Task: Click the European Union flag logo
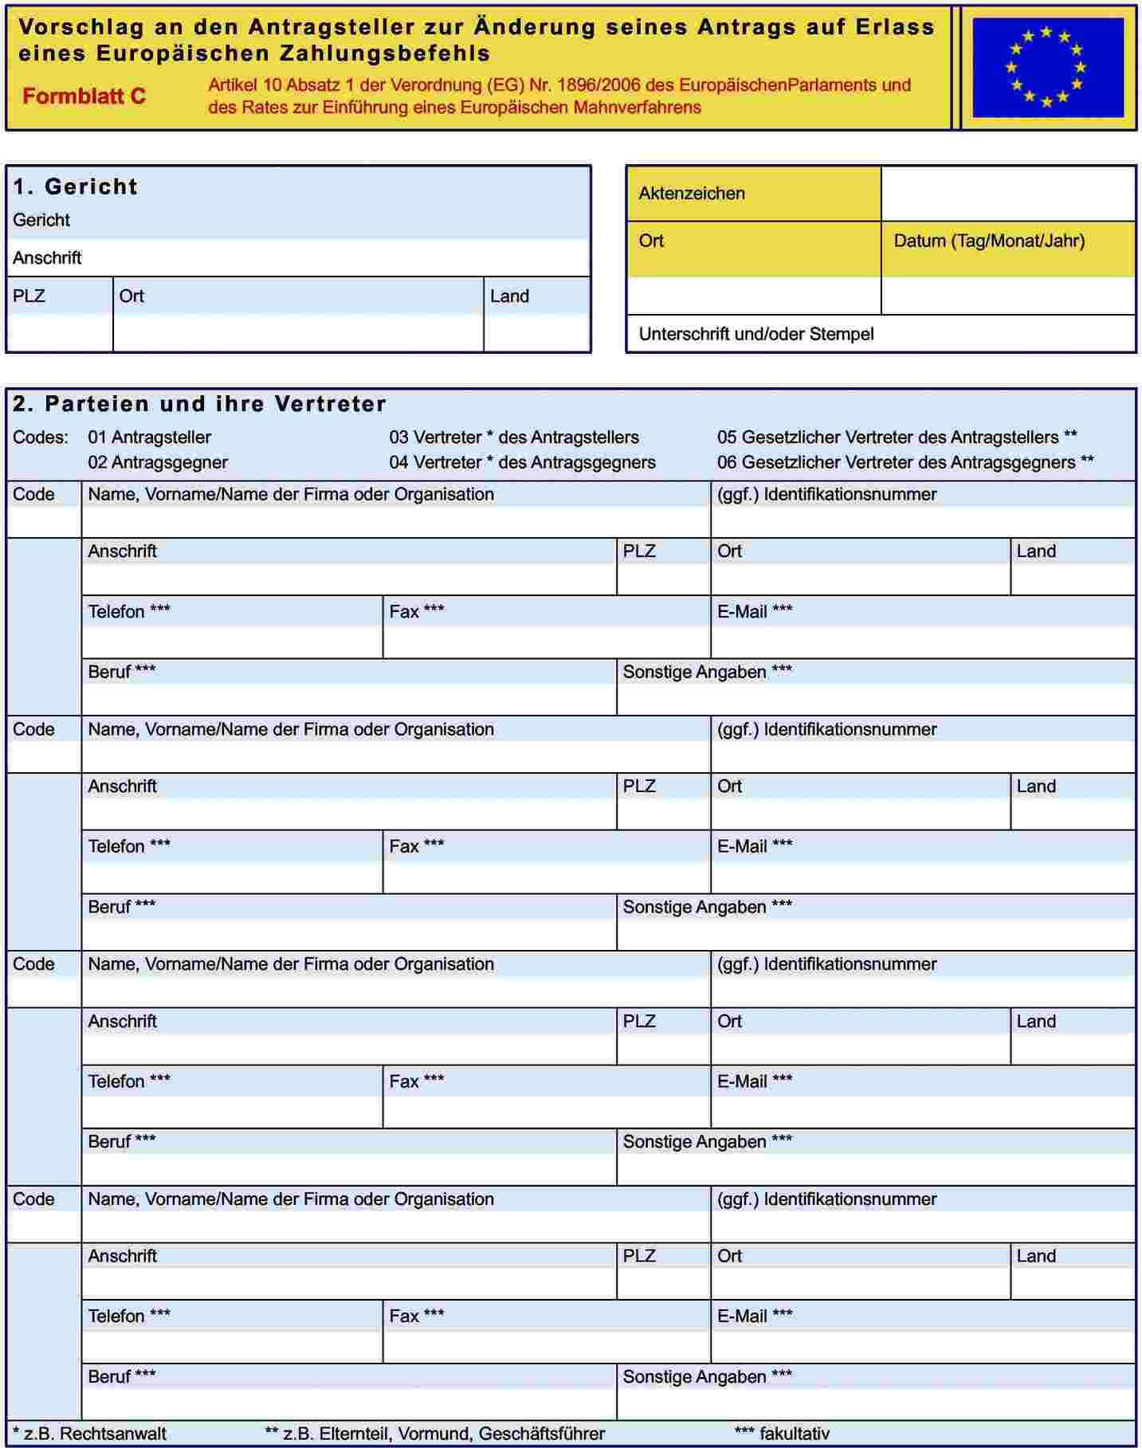pyautogui.click(x=1047, y=68)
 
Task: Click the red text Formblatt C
pyautogui.click(x=84, y=96)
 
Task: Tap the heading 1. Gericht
pyautogui.click(x=76, y=186)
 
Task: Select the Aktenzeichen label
pyautogui.click(x=692, y=194)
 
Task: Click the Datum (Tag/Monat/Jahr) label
pyautogui.click(x=989, y=241)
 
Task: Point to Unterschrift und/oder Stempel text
pyautogui.click(x=756, y=334)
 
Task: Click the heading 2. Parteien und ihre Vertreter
pyautogui.click(x=199, y=404)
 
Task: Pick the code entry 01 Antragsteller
pyautogui.click(x=150, y=438)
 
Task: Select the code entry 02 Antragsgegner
pyautogui.click(x=158, y=462)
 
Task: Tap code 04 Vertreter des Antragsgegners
pyautogui.click(x=522, y=462)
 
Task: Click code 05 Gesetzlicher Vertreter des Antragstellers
pyautogui.click(x=897, y=438)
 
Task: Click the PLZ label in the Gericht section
pyautogui.click(x=29, y=296)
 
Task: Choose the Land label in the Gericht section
pyautogui.click(x=509, y=296)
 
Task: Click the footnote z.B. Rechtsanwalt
pyautogui.click(x=90, y=1434)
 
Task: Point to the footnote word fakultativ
pyautogui.click(x=794, y=1434)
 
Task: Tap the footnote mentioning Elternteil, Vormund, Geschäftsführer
pyautogui.click(x=435, y=1434)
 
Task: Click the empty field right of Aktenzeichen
pyautogui.click(x=1008, y=194)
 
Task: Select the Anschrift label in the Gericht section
pyautogui.click(x=47, y=258)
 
